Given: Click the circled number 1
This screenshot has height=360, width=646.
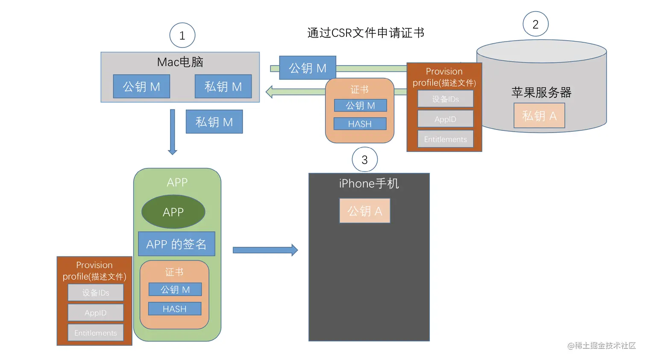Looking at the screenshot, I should pos(182,35).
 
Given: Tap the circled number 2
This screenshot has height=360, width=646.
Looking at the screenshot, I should pos(535,24).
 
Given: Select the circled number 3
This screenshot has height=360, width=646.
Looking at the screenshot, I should pos(364,159).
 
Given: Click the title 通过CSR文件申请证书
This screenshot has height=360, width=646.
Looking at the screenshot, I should pos(366,33).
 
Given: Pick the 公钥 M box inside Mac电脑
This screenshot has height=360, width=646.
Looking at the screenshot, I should pos(141,86).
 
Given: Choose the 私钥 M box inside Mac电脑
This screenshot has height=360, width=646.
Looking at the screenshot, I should pos(223,86).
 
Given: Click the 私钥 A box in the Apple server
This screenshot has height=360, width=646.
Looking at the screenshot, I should pos(539,115).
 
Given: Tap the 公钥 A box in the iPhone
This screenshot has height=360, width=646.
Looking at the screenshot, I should pos(364,211).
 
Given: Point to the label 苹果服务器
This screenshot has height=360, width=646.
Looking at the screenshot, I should pos(541,92).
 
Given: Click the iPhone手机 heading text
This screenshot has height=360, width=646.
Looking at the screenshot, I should pos(369,183).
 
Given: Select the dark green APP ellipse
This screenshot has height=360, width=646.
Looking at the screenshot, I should pos(173,212).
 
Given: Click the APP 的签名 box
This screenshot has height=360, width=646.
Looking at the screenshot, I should pos(176,244).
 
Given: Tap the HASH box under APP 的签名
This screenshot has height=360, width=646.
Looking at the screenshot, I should pos(175,309).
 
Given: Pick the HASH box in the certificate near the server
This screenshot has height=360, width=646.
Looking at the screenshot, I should pos(360,124).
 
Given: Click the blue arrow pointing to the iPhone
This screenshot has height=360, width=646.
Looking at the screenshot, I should pos(265,250).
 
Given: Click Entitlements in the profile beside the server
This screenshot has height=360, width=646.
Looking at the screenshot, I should pos(445,139).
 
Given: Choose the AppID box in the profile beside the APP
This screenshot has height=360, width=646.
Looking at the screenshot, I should pos(96,313).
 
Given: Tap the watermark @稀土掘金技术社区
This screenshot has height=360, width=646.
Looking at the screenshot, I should pos(601,345).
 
